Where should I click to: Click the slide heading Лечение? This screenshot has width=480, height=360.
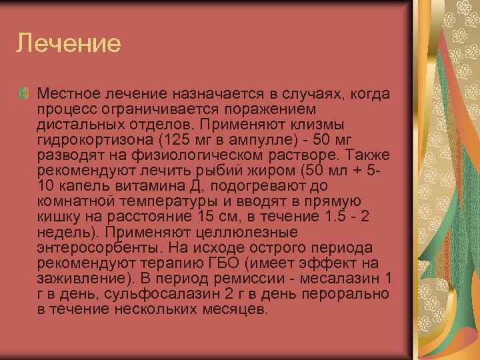coord(69,43)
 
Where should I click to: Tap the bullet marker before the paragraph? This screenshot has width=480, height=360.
coord(25,93)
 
